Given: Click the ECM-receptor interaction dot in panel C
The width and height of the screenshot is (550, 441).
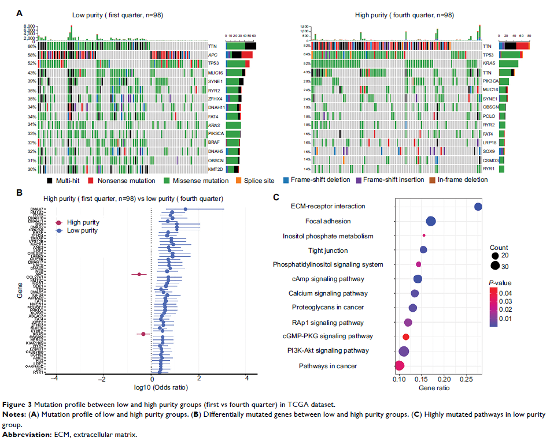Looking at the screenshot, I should pyautogui.click(x=478, y=207).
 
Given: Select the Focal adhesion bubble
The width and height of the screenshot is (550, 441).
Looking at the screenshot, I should pyautogui.click(x=431, y=221).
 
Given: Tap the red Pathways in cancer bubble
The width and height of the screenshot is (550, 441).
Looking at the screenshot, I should pyautogui.click(x=399, y=365).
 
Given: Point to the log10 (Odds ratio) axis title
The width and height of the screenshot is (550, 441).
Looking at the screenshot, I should pyautogui.click(x=152, y=388).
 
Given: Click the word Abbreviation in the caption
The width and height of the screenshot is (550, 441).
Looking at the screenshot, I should pyautogui.click(x=25, y=434).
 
